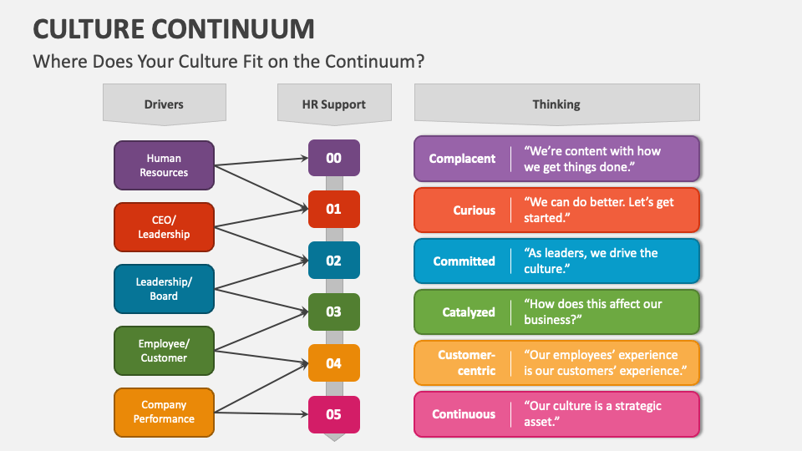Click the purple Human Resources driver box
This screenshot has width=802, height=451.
coord(164,165)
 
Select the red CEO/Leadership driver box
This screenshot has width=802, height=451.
coord(164,227)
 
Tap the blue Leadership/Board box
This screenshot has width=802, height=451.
coord(164,289)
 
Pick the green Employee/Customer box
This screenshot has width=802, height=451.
coord(164,351)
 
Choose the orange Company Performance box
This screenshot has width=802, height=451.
coord(164,413)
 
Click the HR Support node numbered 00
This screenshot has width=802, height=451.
coord(333,158)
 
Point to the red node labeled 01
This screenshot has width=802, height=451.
coord(333,209)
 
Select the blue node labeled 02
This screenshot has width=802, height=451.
coord(333,261)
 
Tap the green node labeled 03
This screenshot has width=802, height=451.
coord(333,312)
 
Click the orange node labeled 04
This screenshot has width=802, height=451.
coord(333,363)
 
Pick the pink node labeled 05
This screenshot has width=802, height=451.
coord(333,414)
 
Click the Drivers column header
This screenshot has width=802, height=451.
coord(164,104)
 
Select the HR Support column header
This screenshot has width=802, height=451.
coord(333,104)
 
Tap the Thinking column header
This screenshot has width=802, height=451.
coord(556,104)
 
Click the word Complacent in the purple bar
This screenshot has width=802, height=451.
coord(462,159)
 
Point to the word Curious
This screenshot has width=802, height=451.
coord(475,210)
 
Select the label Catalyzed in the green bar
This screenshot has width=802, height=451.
coord(469,312)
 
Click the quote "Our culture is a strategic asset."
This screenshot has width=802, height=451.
coord(592,413)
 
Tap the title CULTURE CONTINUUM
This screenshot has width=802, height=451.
coord(174,29)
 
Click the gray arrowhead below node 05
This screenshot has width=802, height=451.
coord(333,437)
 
